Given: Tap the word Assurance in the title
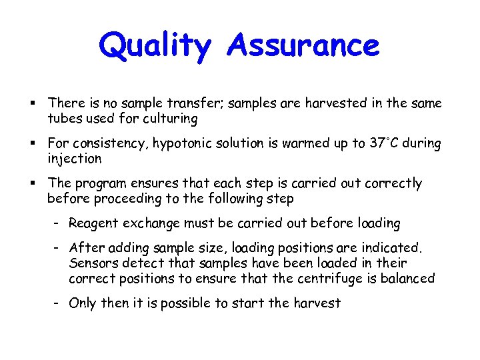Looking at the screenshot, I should [303, 45].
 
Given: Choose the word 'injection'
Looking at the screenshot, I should [74, 159].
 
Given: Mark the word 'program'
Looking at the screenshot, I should [102, 183].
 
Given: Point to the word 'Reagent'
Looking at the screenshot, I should [91, 223].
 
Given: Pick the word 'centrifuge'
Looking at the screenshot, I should [323, 278].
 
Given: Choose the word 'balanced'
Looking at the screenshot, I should [407, 278].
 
